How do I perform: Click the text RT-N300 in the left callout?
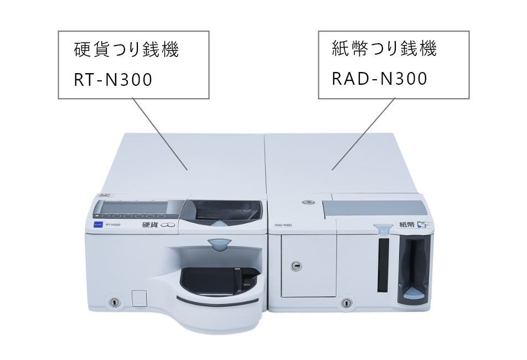coord(113,80)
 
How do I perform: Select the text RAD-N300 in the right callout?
coord(379,79)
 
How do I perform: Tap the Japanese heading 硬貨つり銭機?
coord(127,50)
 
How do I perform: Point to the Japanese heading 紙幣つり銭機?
coord(384,49)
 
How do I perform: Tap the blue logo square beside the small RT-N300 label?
coord(97,224)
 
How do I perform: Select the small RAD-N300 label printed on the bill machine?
coord(283,225)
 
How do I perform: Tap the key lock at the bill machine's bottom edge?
coord(347,303)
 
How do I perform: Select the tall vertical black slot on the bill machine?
coord(383,266)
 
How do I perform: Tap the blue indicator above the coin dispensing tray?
coord(219,242)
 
